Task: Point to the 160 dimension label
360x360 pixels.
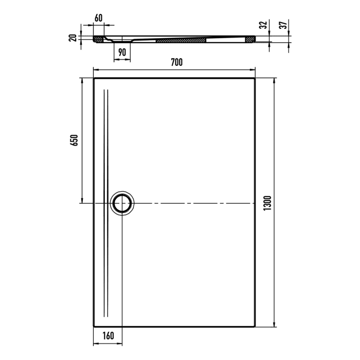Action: (108, 336)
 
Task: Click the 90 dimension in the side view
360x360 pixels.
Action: (122, 51)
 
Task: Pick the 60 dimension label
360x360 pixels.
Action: (99, 18)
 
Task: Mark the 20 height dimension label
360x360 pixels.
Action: (74, 38)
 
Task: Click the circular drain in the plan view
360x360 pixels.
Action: (122, 203)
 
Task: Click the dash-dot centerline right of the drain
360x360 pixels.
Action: (195, 204)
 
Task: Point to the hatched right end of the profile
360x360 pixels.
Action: (251, 39)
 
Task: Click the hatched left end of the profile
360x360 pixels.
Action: (98, 38)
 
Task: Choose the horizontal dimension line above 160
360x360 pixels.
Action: (108, 344)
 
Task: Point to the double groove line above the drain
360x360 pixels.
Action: (106, 139)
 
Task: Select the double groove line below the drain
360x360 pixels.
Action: (106, 267)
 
